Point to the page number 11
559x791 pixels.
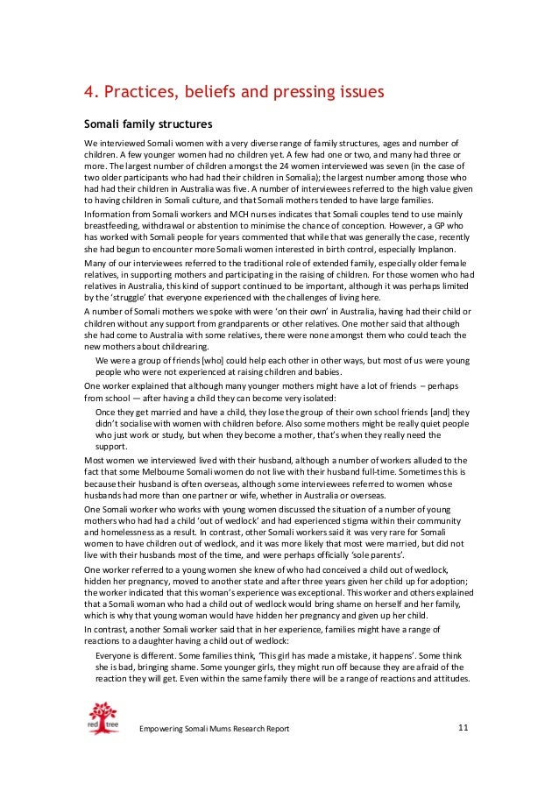point(464,729)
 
